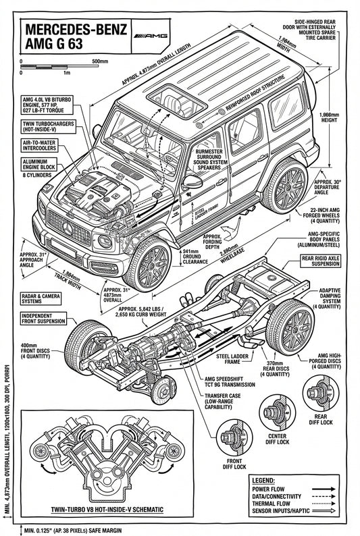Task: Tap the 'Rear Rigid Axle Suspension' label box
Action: coord(321,261)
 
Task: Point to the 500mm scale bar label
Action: coord(99,61)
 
